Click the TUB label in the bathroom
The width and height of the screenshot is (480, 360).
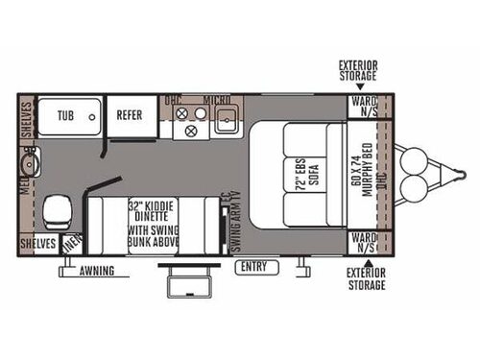[65, 114]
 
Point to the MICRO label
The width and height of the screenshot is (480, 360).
[216, 99]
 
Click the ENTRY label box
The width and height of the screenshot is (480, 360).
[254, 265]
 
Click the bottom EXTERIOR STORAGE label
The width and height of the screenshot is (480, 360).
[366, 278]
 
